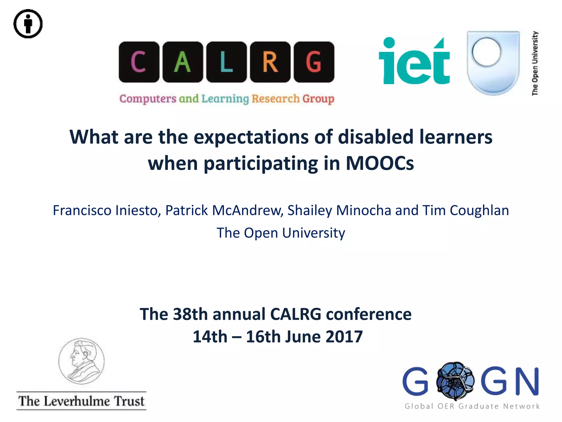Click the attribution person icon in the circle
coord(28,24)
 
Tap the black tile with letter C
coord(139,62)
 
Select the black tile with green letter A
coord(182,62)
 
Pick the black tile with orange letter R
coord(270,62)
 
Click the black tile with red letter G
coord(314,62)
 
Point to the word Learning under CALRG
coord(225,99)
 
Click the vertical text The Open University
coord(535,63)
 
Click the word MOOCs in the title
coord(380,163)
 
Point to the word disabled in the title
coord(375,137)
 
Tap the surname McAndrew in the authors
coord(247,210)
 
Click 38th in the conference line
coord(190,314)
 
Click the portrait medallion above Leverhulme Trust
coord(82,361)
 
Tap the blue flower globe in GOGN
coord(455,381)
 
